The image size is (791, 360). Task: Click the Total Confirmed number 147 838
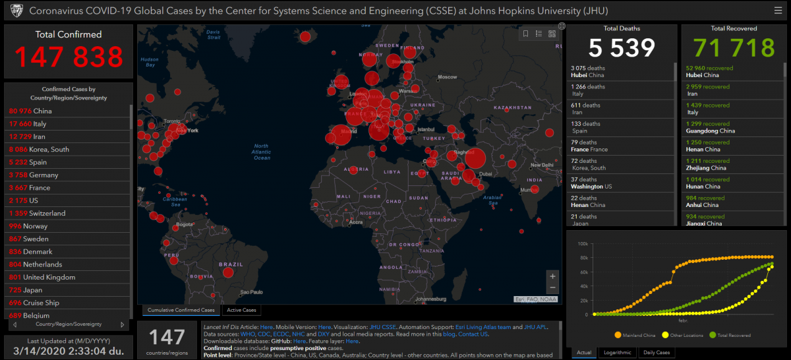(x=69, y=57)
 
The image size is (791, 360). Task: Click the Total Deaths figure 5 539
(x=622, y=48)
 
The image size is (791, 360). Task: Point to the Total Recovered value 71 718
(x=734, y=48)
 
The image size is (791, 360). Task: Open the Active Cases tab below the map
(x=241, y=310)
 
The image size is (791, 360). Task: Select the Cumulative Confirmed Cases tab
(x=181, y=310)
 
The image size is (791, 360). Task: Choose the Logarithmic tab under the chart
(x=617, y=352)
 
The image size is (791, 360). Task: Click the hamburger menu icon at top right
(x=778, y=11)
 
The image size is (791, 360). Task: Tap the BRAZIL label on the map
(x=231, y=264)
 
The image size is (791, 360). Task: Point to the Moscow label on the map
(x=447, y=77)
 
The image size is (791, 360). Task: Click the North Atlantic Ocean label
(x=262, y=152)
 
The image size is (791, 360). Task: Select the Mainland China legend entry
(x=636, y=335)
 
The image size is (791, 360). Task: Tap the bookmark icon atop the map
(x=525, y=34)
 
